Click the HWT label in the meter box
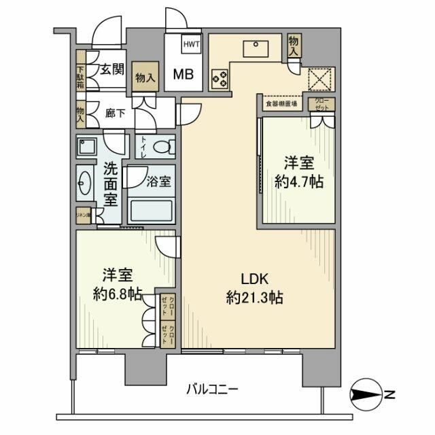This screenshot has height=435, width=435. pyautogui.click(x=190, y=44)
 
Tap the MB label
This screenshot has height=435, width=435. pyautogui.click(x=181, y=73)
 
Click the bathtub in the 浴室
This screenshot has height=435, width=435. pyautogui.click(x=152, y=209)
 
